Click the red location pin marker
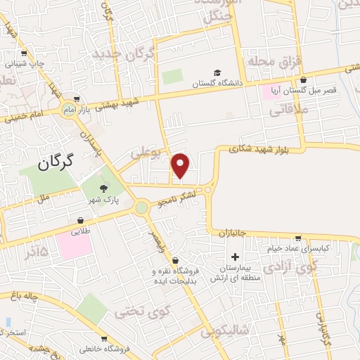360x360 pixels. point(181,165)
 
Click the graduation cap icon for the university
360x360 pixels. point(217,73)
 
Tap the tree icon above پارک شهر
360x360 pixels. point(105,188)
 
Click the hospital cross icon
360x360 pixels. point(235,257)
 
